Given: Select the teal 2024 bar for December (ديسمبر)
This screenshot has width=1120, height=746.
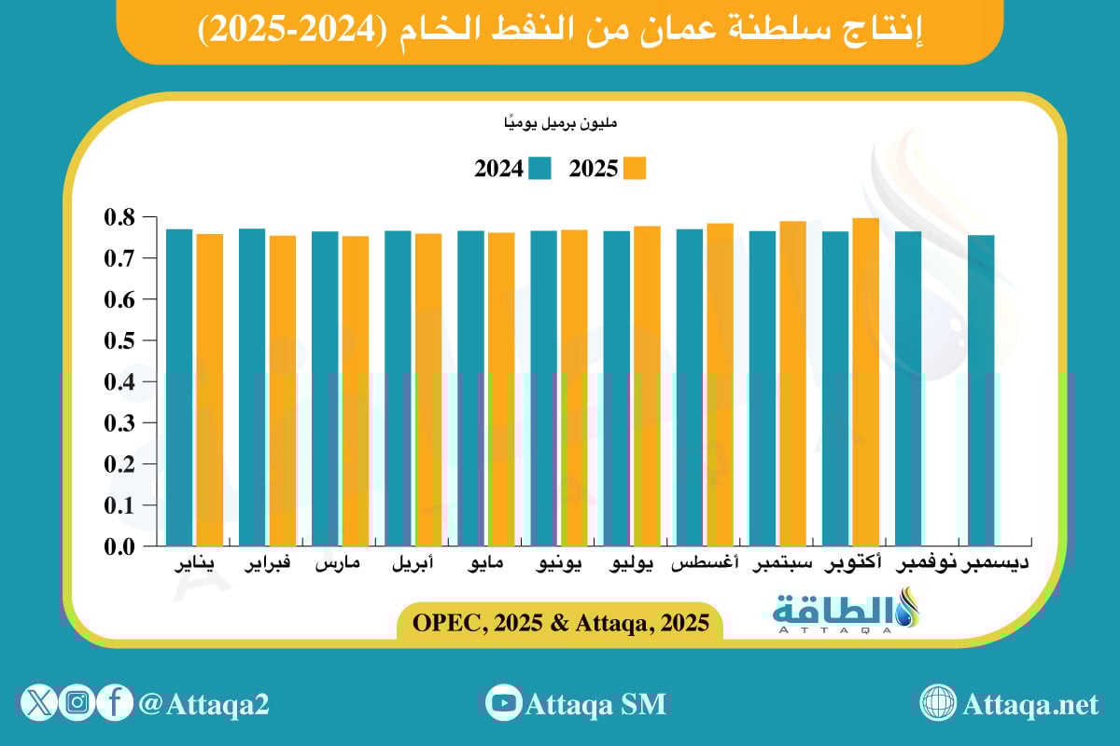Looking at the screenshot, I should point(981,391).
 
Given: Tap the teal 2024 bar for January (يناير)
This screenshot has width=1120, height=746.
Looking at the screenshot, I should point(179,388).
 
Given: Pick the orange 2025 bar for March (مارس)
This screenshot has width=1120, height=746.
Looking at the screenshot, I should point(356,392).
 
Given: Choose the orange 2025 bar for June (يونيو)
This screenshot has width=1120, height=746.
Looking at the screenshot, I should point(574,388).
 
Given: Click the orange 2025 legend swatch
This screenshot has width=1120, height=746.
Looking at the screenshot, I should point(635,169).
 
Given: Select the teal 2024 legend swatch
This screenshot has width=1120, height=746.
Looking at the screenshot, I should point(540,169).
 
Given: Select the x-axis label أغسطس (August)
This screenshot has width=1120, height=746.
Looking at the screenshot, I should point(706,565).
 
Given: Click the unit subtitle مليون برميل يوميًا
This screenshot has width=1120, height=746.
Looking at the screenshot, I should point(560,122).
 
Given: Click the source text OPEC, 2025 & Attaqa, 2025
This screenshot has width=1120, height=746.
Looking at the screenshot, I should point(560,621).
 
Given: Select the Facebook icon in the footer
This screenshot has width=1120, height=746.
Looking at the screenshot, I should point(114,703).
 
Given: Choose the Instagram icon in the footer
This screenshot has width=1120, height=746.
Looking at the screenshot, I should point(77,703).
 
